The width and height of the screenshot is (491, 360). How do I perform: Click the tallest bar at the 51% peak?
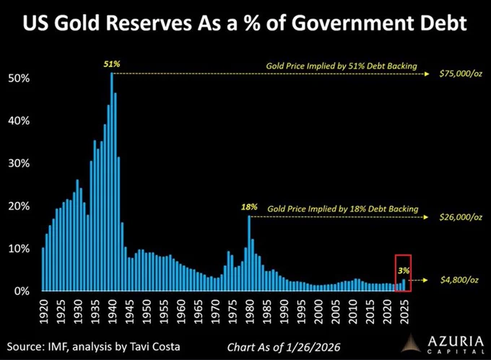coord(111,182)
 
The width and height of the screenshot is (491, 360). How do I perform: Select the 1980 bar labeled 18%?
coord(249,253)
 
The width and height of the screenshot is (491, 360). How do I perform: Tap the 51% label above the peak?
coord(112,64)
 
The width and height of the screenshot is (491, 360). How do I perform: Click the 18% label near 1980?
coord(249,207)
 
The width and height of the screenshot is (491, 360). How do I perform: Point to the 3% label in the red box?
coord(404,271)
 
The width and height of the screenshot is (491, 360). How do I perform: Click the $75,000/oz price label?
coord(461,74)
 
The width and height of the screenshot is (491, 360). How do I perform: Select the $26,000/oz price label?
coord(461,217)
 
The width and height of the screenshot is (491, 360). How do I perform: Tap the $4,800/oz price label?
coord(459,280)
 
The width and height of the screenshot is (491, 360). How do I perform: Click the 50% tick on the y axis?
coord(19,78)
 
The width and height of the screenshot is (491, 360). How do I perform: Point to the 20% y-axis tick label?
coord(19,206)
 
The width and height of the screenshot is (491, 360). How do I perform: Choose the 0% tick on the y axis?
coord(22,291)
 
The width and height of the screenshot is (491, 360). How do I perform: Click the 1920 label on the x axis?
coord(44,312)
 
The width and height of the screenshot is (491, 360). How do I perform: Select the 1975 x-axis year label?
coord(233,312)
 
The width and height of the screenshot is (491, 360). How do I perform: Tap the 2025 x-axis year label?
coord(404,312)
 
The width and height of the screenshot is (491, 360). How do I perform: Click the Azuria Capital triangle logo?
coord(411,343)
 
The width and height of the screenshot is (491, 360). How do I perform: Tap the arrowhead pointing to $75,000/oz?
coord(427,74)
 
